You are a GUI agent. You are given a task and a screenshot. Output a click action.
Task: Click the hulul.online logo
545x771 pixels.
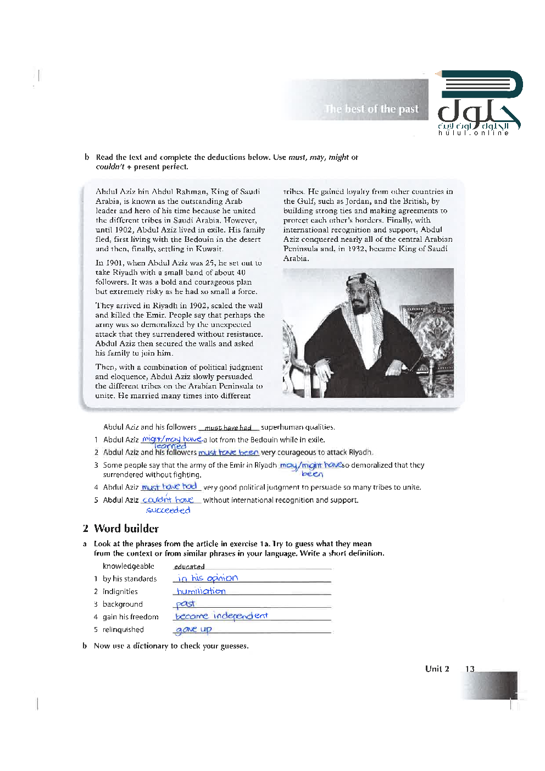tap(479, 103)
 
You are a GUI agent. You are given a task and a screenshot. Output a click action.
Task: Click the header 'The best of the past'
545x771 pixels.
tap(371, 109)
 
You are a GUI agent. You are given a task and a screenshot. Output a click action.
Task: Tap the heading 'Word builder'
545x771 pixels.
tap(126, 529)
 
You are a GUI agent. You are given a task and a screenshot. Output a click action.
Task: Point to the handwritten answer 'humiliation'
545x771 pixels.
tap(201, 591)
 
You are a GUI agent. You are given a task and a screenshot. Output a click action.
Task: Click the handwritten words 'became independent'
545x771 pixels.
tap(221, 616)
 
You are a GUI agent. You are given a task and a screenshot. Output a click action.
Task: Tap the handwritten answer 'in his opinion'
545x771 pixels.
tap(208, 578)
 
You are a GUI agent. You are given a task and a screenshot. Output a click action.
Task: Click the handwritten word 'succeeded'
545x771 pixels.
tap(168, 511)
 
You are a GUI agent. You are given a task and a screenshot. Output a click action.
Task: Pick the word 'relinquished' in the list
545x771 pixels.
tap(123, 630)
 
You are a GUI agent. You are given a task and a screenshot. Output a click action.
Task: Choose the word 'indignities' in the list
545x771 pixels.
tap(120, 592)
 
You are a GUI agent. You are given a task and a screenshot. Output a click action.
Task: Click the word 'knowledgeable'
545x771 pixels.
tap(128, 566)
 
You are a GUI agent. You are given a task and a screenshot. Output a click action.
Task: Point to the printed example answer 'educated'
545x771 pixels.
tap(189, 567)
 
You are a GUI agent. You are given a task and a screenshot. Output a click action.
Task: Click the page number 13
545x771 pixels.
tap(470, 669)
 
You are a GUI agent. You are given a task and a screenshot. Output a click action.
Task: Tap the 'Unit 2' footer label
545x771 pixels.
tap(437, 669)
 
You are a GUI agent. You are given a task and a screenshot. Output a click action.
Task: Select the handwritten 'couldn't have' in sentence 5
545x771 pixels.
tap(168, 500)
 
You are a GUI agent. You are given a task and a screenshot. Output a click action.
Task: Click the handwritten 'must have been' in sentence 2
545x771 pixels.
tap(228, 452)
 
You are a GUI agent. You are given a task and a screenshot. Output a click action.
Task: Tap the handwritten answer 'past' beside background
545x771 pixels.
tap(185, 604)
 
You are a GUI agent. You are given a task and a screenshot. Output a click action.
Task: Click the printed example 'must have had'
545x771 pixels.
tap(228, 428)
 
